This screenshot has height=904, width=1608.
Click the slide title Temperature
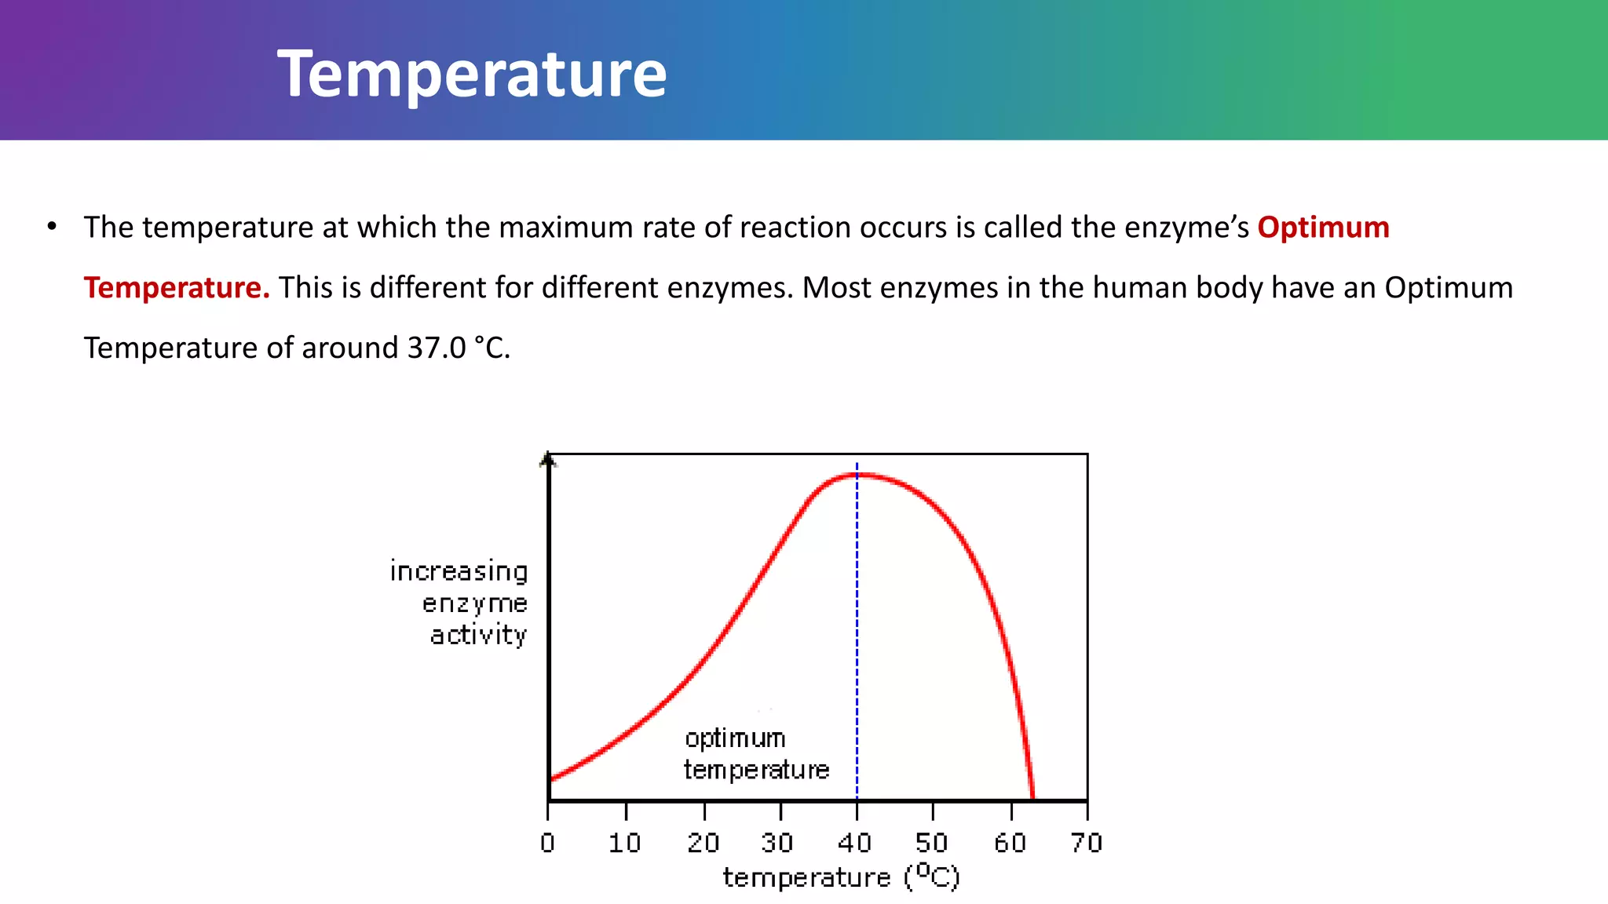[472, 74]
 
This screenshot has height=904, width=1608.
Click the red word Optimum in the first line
[1323, 228]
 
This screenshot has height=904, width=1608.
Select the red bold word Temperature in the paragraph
[176, 288]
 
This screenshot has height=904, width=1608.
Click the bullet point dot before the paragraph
[52, 227]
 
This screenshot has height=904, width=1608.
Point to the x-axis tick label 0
[547, 843]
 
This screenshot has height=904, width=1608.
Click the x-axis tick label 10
[625, 843]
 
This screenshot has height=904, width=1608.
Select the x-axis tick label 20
[703, 843]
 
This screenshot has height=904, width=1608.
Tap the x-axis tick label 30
[777, 843]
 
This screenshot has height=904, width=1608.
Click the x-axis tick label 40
[855, 843]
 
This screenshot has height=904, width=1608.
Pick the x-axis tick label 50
[932, 843]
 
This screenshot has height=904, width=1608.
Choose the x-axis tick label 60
[1010, 843]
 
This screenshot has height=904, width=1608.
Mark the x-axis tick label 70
[1087, 843]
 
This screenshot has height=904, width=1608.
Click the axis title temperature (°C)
[841, 877]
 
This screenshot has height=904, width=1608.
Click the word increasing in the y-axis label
[459, 571]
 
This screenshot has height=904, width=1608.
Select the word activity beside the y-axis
[478, 634]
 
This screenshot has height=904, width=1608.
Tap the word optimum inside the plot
[735, 738]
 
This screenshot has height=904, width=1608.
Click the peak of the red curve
[857, 475]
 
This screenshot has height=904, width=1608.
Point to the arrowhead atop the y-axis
[548, 459]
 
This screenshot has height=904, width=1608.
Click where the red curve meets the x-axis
[1032, 797]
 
